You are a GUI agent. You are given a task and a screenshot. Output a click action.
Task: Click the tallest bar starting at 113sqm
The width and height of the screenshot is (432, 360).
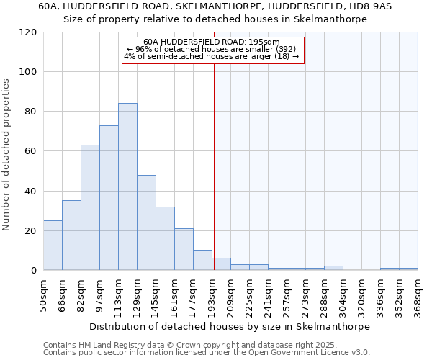(127, 186)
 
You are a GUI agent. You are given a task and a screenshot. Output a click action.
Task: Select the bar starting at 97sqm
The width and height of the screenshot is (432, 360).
(109, 198)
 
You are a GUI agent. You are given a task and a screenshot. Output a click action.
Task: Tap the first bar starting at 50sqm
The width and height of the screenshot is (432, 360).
(53, 246)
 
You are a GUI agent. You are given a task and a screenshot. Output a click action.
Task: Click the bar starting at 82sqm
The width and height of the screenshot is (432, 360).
(90, 207)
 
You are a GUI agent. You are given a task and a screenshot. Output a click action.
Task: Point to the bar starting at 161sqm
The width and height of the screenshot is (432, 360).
(184, 249)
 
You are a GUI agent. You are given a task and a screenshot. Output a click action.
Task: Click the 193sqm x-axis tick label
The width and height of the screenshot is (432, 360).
(212, 294)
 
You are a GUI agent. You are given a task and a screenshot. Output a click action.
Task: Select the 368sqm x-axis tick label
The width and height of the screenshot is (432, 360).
(418, 294)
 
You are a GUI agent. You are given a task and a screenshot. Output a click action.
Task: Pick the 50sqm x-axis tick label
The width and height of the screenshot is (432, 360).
(43, 294)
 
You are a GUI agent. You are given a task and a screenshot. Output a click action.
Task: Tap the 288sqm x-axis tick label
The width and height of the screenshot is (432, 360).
(324, 294)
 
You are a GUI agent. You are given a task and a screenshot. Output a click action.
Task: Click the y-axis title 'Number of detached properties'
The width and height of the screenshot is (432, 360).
(6, 155)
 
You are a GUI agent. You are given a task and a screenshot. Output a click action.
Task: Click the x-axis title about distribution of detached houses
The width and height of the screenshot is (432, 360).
(230, 326)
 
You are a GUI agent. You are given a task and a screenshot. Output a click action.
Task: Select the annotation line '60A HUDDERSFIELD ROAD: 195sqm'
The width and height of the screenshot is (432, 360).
(212, 42)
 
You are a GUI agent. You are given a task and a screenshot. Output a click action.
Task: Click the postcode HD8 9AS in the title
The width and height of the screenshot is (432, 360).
(372, 6)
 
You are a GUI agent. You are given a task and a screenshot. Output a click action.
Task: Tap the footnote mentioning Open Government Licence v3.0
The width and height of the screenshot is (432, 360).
(206, 353)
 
